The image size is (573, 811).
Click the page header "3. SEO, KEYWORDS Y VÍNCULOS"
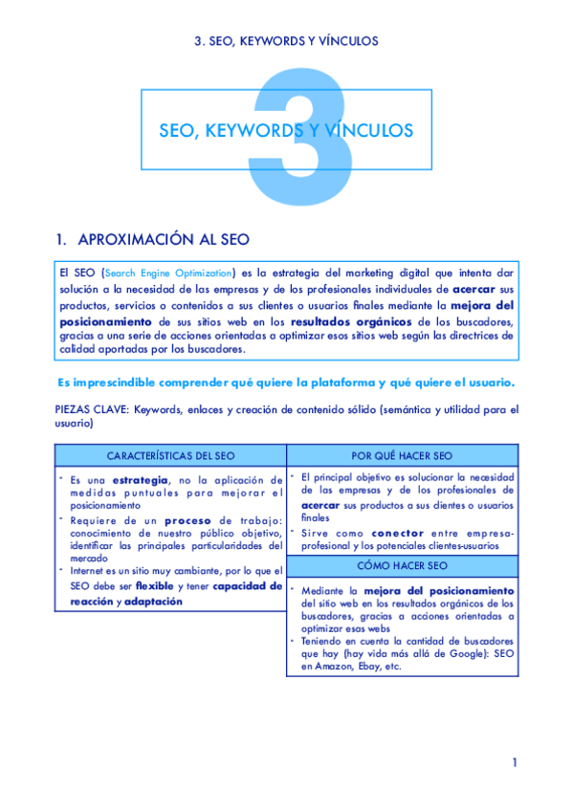(286, 41)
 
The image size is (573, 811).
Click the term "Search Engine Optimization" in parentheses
(168, 273)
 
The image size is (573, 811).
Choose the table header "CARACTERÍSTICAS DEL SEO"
(170, 455)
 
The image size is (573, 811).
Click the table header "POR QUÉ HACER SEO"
(404, 455)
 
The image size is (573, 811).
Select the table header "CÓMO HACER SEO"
(404, 565)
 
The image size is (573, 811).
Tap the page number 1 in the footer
(514, 762)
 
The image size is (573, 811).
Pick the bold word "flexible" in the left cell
(155, 585)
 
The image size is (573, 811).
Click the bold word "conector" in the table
(396, 533)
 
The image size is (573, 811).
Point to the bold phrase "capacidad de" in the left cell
(248, 585)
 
